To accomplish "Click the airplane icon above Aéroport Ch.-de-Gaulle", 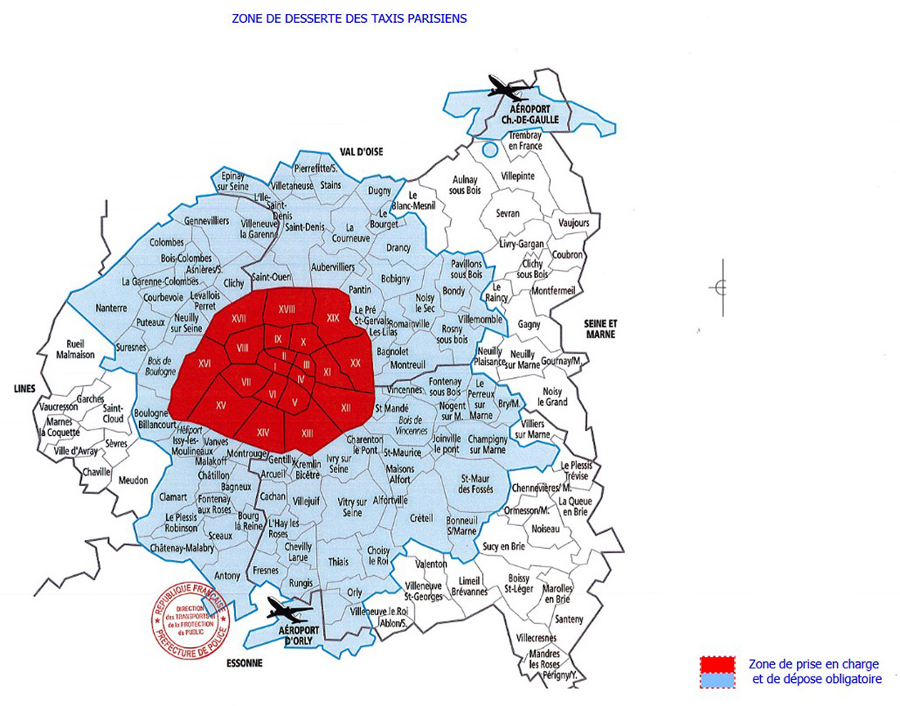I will point(510,87).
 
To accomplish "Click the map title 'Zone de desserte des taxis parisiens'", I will point(349,18).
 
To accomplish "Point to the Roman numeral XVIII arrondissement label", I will point(286,308).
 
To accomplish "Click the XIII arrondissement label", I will point(307,433).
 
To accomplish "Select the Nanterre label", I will point(110,308).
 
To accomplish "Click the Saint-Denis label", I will point(305,227).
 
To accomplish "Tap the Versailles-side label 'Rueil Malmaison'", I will point(75,349).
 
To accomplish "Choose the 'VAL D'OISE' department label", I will point(362,151).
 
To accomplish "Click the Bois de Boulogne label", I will point(159,366).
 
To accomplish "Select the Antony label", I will point(227,575).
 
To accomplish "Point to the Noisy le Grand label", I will point(553,397).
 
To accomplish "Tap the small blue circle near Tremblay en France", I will point(489,150).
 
